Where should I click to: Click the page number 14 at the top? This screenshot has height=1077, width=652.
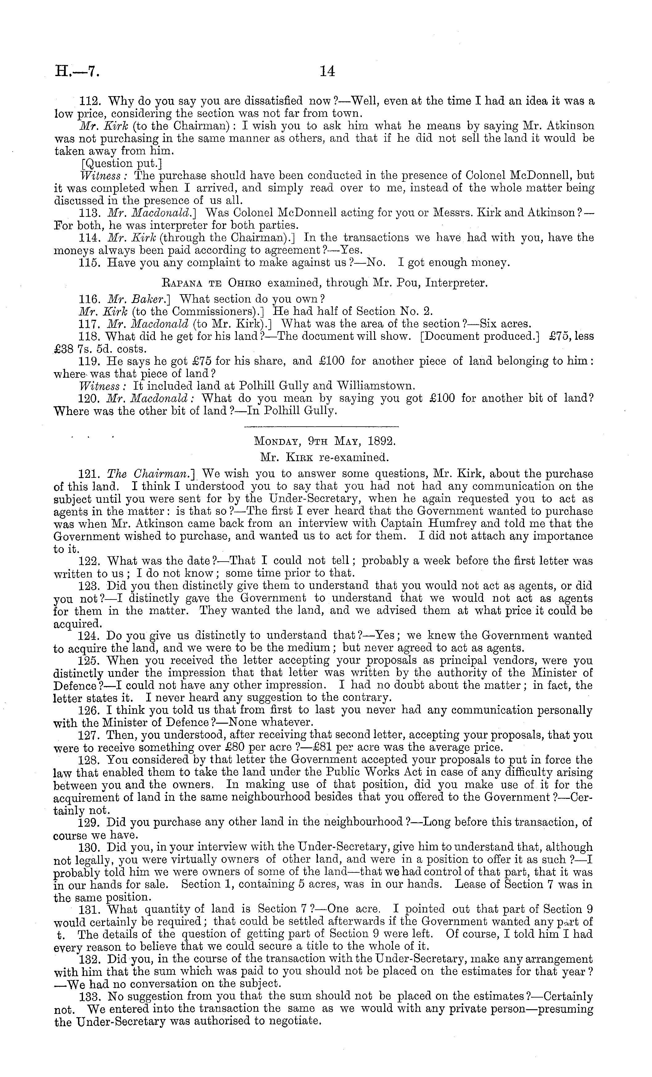pyautogui.click(x=327, y=71)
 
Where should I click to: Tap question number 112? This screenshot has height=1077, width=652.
pyautogui.click(x=90, y=101)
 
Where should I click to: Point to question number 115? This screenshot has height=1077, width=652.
pyautogui.click(x=90, y=263)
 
